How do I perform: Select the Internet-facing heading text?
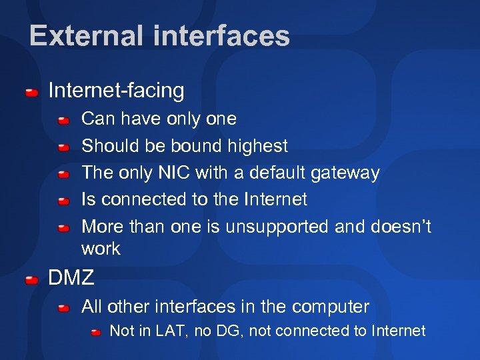point(116,90)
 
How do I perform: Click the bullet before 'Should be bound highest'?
point(64,147)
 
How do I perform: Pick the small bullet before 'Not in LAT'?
point(97,331)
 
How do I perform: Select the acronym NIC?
point(173,173)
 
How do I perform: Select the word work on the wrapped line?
point(101,249)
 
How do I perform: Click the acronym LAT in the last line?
point(167,331)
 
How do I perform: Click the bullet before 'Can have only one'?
point(64,120)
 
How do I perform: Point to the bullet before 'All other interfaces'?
point(64,308)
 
